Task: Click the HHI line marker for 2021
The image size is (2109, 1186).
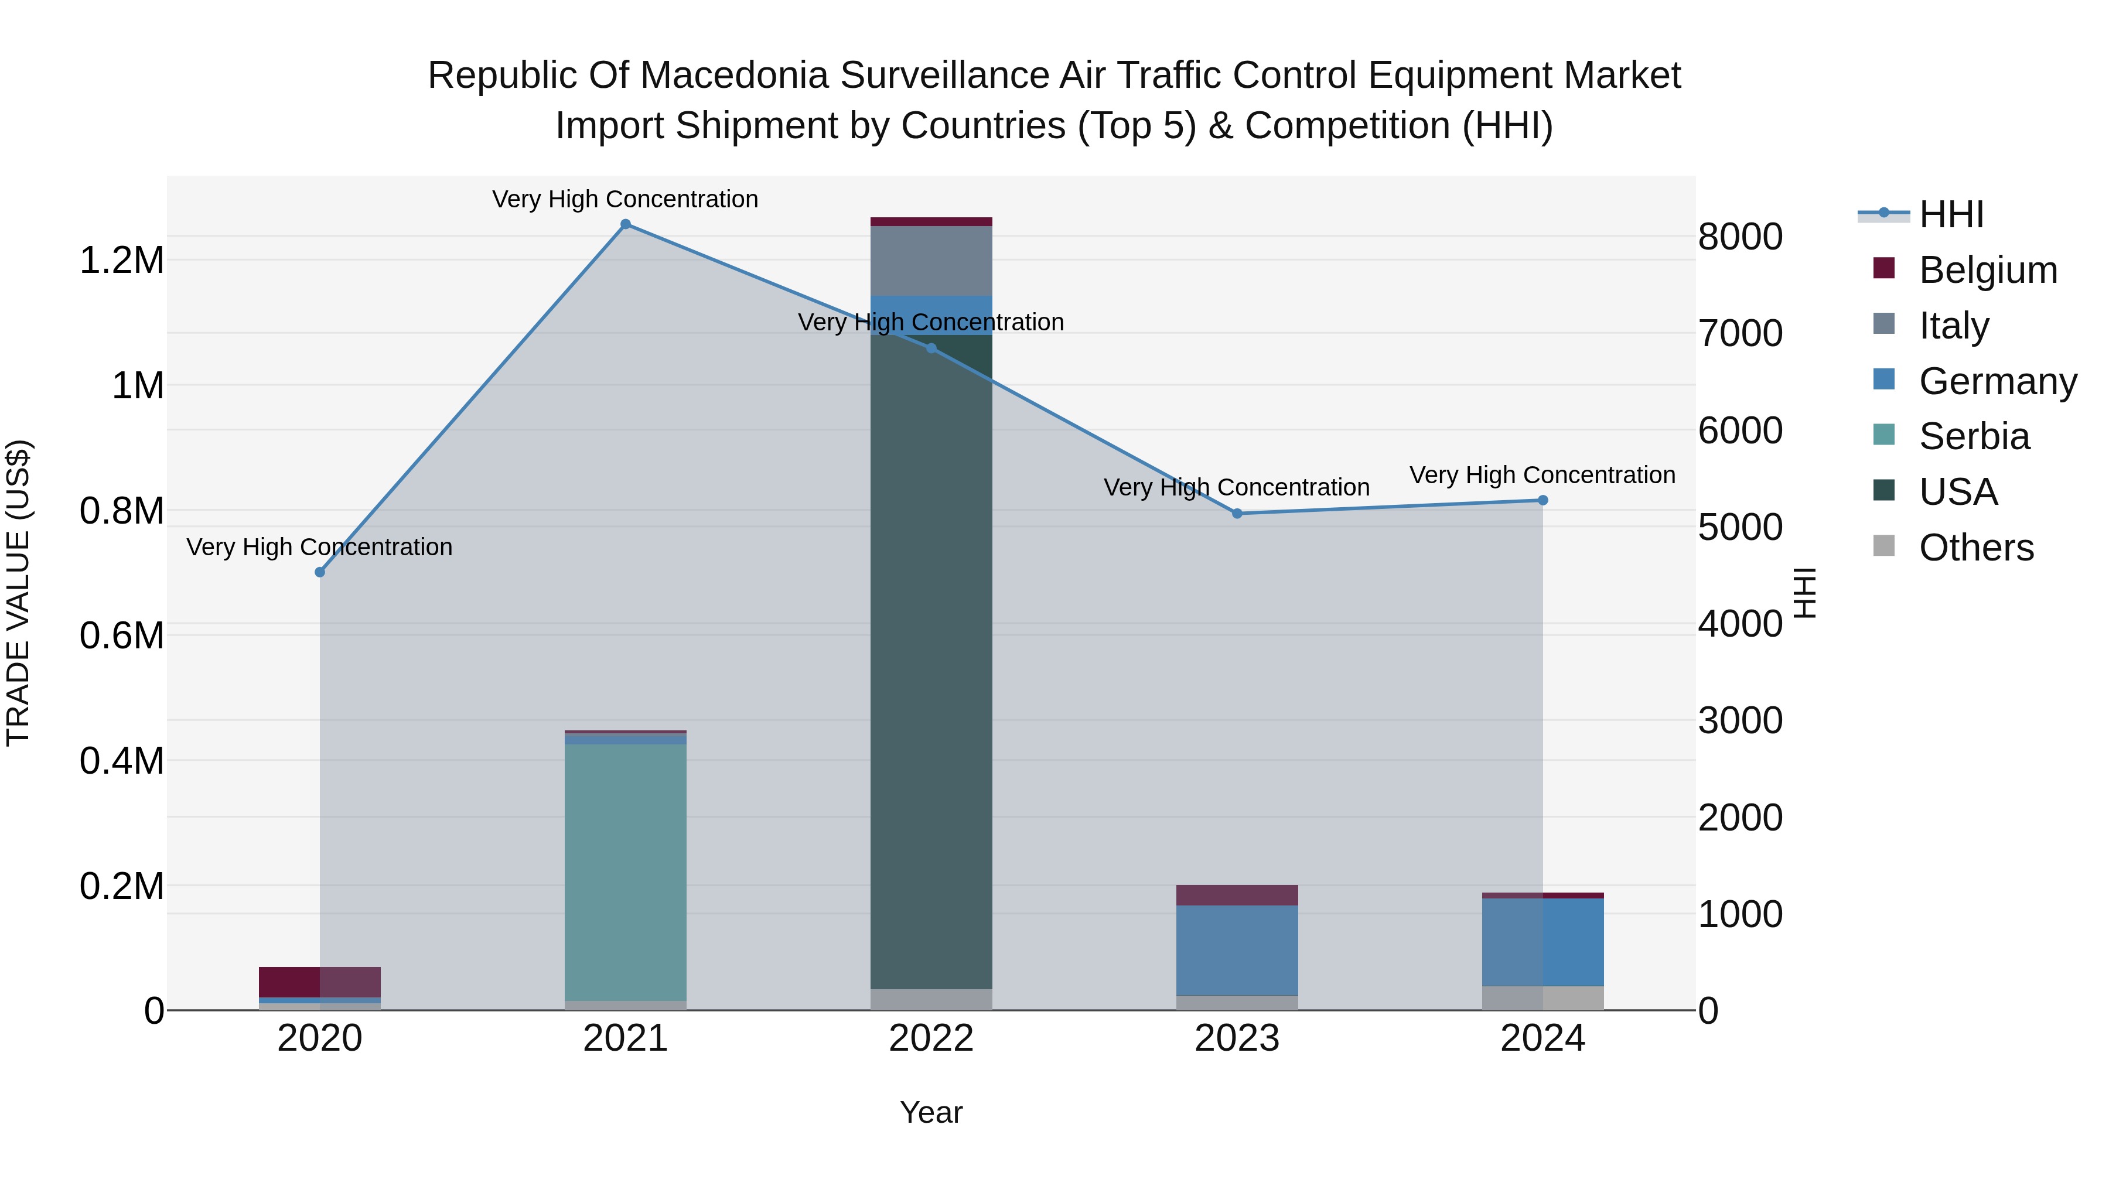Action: (x=626, y=224)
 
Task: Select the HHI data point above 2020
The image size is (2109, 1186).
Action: (x=320, y=572)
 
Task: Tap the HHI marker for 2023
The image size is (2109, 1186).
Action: (x=1237, y=513)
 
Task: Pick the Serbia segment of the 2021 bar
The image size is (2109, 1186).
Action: (x=626, y=871)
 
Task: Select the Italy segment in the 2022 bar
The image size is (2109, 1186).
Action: (x=931, y=260)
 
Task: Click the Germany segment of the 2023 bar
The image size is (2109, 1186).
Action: (x=1237, y=949)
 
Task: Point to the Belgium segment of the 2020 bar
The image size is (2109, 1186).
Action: (x=319, y=982)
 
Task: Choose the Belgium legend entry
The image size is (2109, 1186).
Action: (x=1988, y=270)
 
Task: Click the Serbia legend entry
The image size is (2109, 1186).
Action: (x=1974, y=436)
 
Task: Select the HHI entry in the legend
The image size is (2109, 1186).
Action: (x=1951, y=214)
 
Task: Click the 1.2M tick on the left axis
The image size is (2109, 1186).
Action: (x=121, y=260)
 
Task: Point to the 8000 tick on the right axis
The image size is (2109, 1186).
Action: (x=1740, y=237)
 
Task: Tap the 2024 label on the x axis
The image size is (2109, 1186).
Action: (x=1542, y=1038)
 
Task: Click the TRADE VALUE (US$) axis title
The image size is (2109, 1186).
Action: (x=18, y=593)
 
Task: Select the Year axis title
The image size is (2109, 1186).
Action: (x=931, y=1112)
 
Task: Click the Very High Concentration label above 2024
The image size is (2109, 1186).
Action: (x=1542, y=475)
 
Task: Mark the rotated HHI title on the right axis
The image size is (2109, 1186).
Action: (x=1804, y=593)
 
